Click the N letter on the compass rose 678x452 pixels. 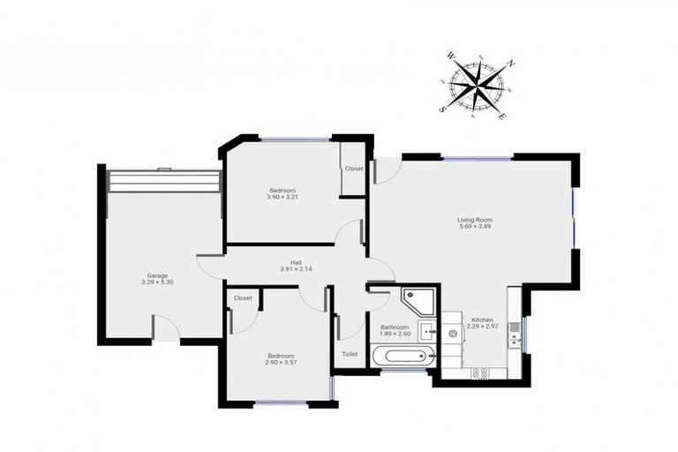coord(511,64)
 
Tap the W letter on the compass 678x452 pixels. coord(452,56)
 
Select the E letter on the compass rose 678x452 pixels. coord(502,117)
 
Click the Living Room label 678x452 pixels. coord(474,220)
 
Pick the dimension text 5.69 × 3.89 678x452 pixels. coord(474,227)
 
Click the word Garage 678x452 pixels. coord(157,275)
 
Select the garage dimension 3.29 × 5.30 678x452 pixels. coord(157,282)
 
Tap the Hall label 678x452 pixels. coord(297,261)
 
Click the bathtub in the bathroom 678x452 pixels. coord(403,357)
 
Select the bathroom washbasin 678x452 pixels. coord(429,333)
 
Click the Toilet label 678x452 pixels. coord(350,354)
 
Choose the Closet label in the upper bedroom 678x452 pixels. coord(354,169)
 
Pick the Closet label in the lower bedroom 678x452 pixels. coord(243,298)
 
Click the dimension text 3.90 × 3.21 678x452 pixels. coord(282,197)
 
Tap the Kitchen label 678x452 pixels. coord(482,320)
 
